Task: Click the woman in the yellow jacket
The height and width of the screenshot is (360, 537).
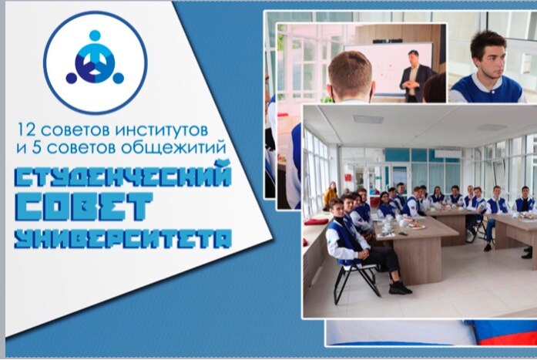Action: tap(331, 196)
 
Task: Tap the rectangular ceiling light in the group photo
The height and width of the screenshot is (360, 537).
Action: tap(368, 119)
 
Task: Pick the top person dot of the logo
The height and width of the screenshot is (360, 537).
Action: tap(95, 35)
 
